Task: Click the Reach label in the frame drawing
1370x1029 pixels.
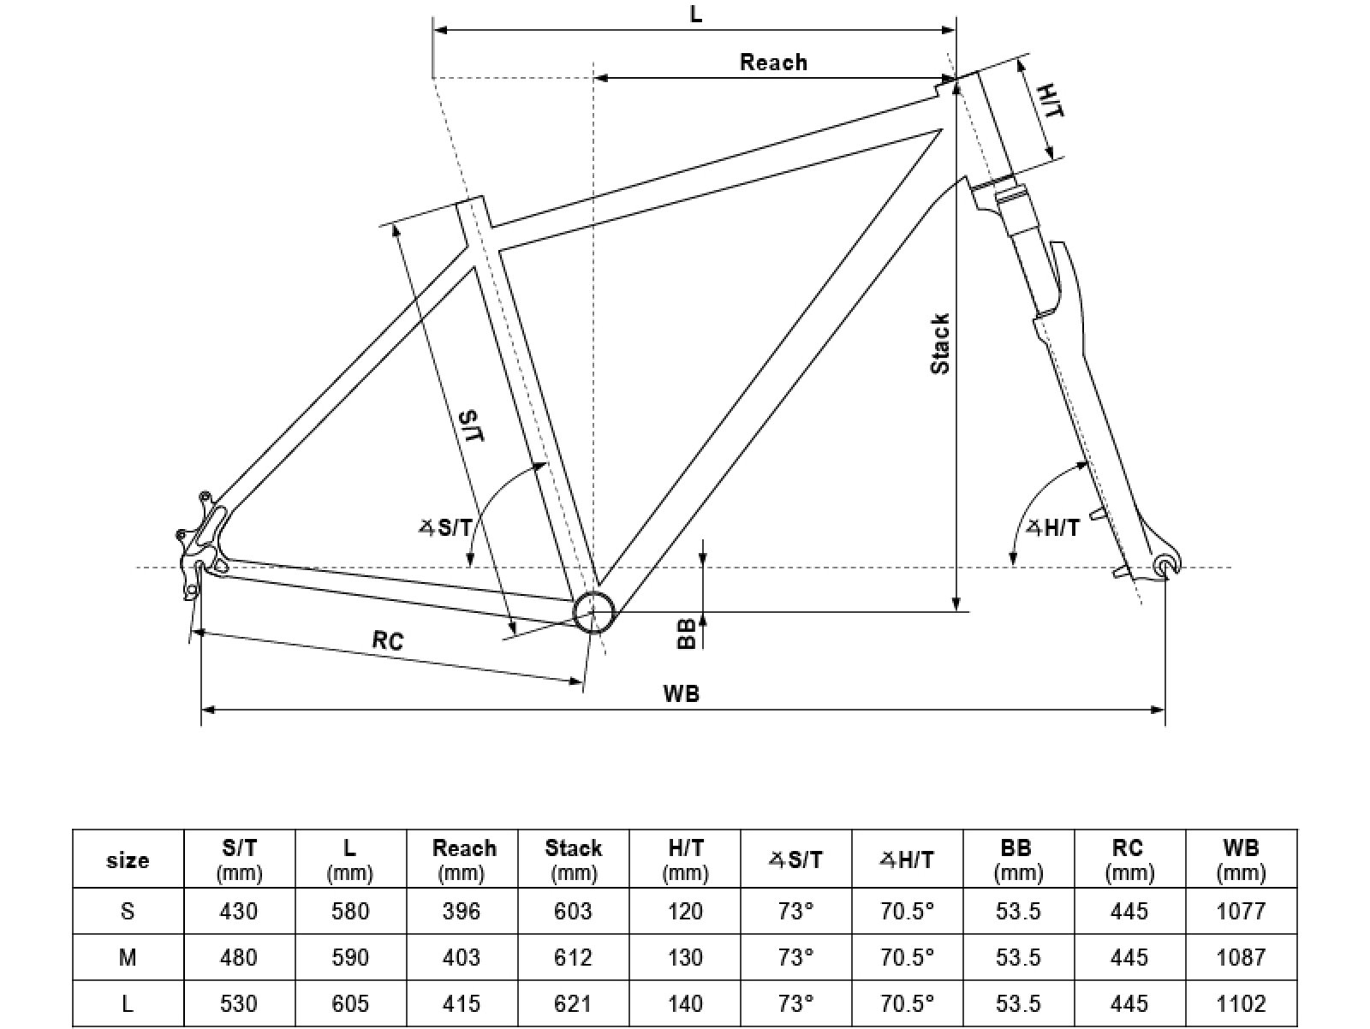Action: coord(773,62)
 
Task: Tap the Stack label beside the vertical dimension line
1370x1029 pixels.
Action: coord(940,344)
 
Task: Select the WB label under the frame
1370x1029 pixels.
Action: coord(682,693)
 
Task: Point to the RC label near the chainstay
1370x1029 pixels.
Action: coord(388,640)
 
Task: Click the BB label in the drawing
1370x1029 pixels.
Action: coord(686,633)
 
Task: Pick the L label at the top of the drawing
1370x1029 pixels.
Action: coord(695,14)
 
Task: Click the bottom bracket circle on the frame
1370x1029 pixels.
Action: coord(594,612)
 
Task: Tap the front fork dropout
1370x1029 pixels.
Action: coord(1164,565)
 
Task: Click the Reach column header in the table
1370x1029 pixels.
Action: coord(464,859)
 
